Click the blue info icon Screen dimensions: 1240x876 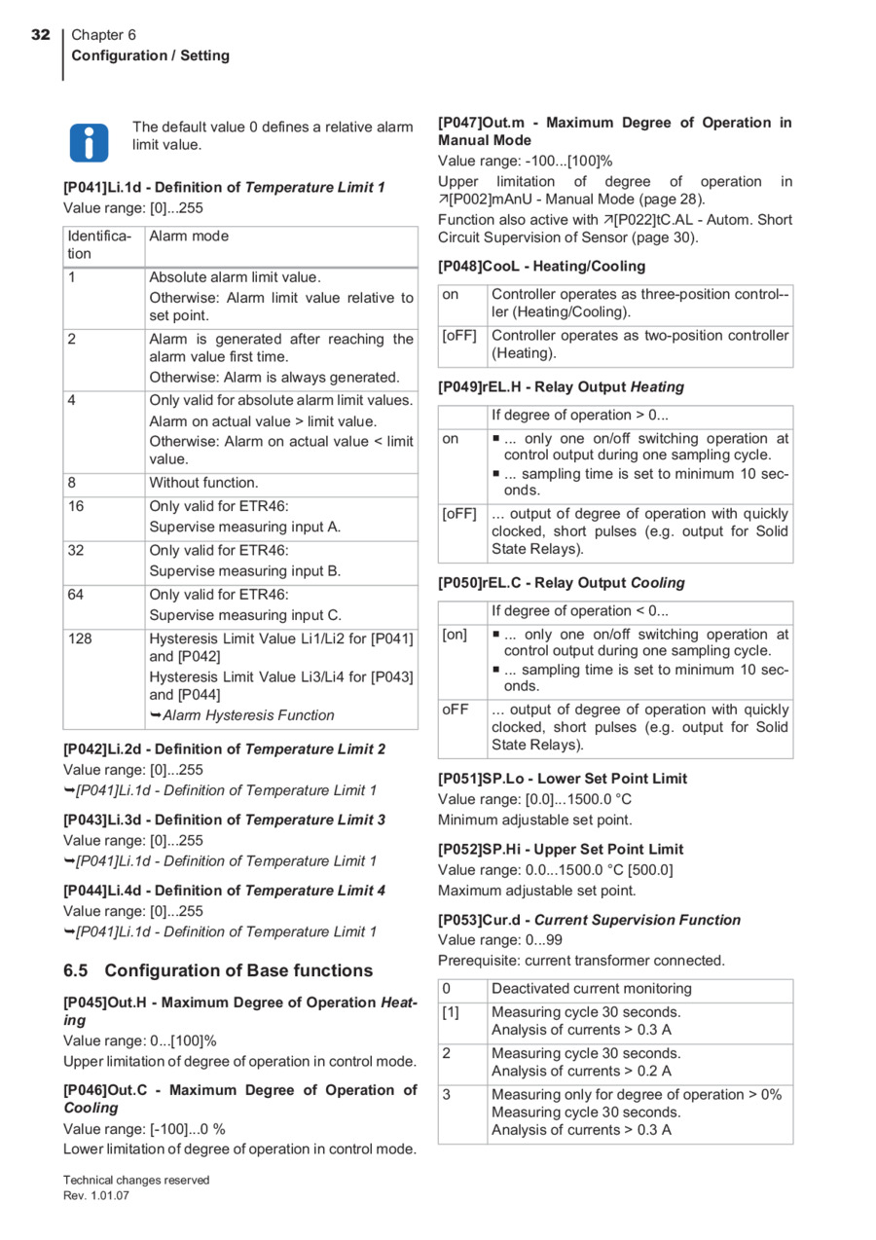pos(89,142)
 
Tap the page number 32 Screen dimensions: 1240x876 pos(40,35)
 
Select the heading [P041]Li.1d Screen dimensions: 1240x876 pos(224,187)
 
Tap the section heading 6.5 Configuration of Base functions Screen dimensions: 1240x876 pos(218,970)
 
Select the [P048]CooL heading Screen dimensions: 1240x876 pos(541,266)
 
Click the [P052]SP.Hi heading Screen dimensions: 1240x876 pos(561,850)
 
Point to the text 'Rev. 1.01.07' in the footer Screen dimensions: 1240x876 pos(96,1196)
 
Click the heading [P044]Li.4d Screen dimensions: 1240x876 pos(224,891)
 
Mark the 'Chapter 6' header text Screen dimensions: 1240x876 pos(104,35)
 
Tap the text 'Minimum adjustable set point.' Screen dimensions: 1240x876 pos(534,820)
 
